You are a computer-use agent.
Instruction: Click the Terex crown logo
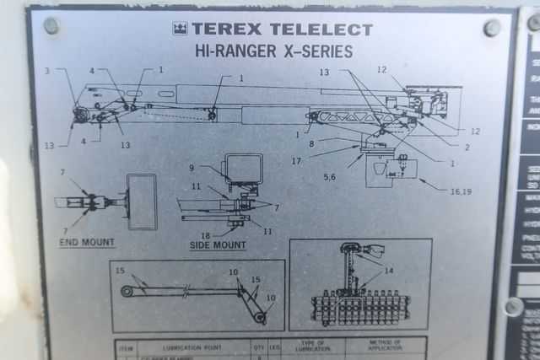pyautogui.click(x=180, y=30)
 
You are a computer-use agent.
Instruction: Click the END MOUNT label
pyautogui.click(x=87, y=243)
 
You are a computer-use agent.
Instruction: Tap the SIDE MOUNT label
pyautogui.click(x=218, y=245)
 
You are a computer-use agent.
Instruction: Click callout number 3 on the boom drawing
pyautogui.click(x=48, y=71)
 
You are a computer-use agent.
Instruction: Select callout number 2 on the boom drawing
pyautogui.click(x=467, y=147)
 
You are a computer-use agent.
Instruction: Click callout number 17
pyautogui.click(x=320, y=159)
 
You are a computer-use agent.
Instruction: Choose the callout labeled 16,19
pyautogui.click(x=461, y=192)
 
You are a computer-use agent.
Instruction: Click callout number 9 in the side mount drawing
pyautogui.click(x=192, y=168)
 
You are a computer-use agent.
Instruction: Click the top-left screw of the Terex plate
pyautogui.click(x=51, y=26)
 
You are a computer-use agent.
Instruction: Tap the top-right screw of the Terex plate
pyautogui.click(x=492, y=29)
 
